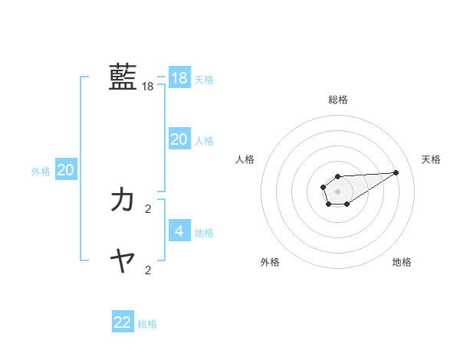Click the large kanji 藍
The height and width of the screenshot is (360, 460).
[x=123, y=77]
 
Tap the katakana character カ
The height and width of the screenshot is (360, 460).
[x=123, y=200]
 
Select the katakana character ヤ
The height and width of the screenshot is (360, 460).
[x=123, y=261]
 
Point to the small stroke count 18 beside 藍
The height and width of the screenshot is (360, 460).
[x=148, y=87]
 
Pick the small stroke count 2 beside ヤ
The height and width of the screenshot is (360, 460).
[x=148, y=270]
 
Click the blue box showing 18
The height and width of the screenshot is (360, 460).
[x=179, y=78]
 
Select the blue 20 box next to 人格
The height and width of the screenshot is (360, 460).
[x=179, y=139]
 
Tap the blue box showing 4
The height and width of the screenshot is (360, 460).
[x=179, y=231]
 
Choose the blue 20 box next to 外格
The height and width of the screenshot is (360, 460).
[x=66, y=170]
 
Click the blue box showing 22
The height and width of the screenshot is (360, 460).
[x=123, y=322]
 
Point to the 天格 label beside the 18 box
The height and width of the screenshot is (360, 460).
[x=204, y=80]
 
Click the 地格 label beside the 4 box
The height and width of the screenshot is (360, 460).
[x=204, y=233]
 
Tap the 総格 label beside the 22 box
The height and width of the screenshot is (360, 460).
[x=147, y=324]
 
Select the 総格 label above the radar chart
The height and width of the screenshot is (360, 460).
[x=338, y=100]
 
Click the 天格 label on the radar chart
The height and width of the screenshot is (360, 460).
[x=431, y=159]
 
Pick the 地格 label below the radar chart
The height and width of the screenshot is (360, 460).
[x=402, y=263]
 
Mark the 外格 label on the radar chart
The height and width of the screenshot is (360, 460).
[x=270, y=263]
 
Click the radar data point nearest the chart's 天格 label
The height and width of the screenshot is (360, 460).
[x=396, y=172]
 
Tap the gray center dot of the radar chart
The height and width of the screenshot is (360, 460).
[x=337, y=191]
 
